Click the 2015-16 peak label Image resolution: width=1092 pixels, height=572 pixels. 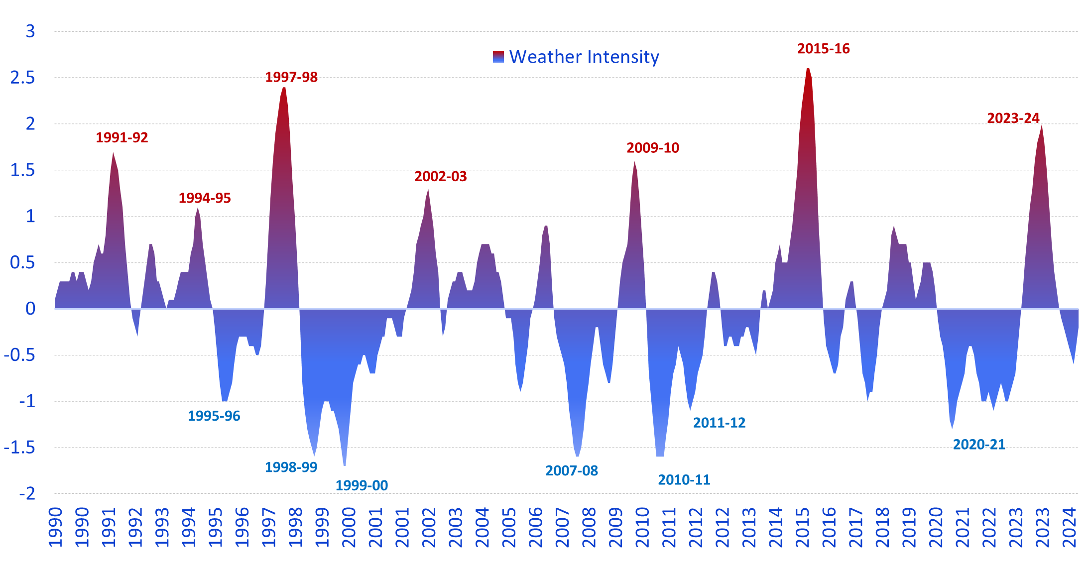tap(823, 49)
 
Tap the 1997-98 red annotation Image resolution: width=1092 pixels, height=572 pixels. tap(291, 77)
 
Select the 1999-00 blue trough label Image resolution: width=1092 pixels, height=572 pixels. tap(362, 485)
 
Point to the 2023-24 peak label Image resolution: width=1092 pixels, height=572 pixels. tap(1013, 118)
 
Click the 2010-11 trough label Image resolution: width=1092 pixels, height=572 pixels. tap(684, 480)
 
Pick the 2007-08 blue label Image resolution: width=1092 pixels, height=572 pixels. tap(572, 471)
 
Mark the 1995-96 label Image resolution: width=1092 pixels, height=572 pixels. tap(214, 416)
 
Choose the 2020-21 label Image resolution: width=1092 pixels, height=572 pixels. tap(978, 445)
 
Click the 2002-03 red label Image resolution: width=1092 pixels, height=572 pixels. tap(441, 177)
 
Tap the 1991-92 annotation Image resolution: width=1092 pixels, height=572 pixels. tap(122, 138)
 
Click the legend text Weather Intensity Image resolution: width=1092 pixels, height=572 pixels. tap(584, 57)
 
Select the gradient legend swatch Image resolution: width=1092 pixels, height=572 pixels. tap(498, 57)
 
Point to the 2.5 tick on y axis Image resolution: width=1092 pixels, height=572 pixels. tap(22, 78)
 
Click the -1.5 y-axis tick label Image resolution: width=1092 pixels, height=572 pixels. tap(19, 448)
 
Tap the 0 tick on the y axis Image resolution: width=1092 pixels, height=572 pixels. tap(30, 309)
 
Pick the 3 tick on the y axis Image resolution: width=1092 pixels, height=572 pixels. tap(30, 31)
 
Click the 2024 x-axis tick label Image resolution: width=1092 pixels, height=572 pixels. tap(1069, 528)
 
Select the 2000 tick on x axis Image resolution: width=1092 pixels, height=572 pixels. tap(349, 528)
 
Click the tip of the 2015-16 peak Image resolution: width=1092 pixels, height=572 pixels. tap(808, 68)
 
